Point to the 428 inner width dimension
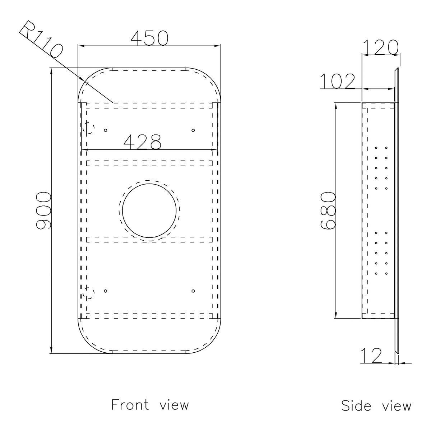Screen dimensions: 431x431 (x=142, y=142)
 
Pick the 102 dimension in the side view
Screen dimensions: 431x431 (x=338, y=81)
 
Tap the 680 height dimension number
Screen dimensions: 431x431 (x=328, y=211)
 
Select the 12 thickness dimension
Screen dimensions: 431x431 (x=371, y=362)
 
